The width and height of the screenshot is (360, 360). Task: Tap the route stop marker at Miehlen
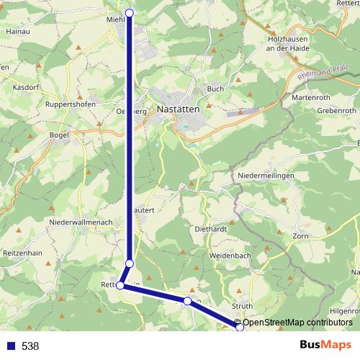130,12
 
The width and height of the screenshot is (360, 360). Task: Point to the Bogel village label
58,135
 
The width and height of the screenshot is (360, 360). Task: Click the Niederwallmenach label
80,222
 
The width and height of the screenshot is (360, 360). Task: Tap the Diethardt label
210,230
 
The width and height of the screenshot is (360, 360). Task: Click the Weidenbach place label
230,256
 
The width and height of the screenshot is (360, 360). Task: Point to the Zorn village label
301,236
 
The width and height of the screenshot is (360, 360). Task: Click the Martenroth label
311,96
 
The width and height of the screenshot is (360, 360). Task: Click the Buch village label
215,89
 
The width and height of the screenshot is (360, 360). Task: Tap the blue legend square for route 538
9,346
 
